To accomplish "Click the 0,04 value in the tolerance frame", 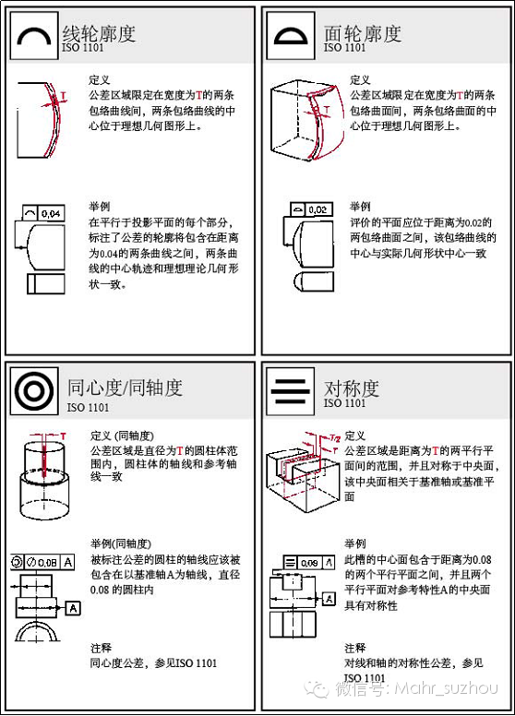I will click(51, 213).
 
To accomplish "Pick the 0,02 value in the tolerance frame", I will click(317, 209).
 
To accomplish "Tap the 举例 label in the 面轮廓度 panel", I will click(359, 206).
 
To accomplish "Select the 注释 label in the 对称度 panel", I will click(354, 648).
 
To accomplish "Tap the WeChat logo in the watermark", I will click(318, 687).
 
